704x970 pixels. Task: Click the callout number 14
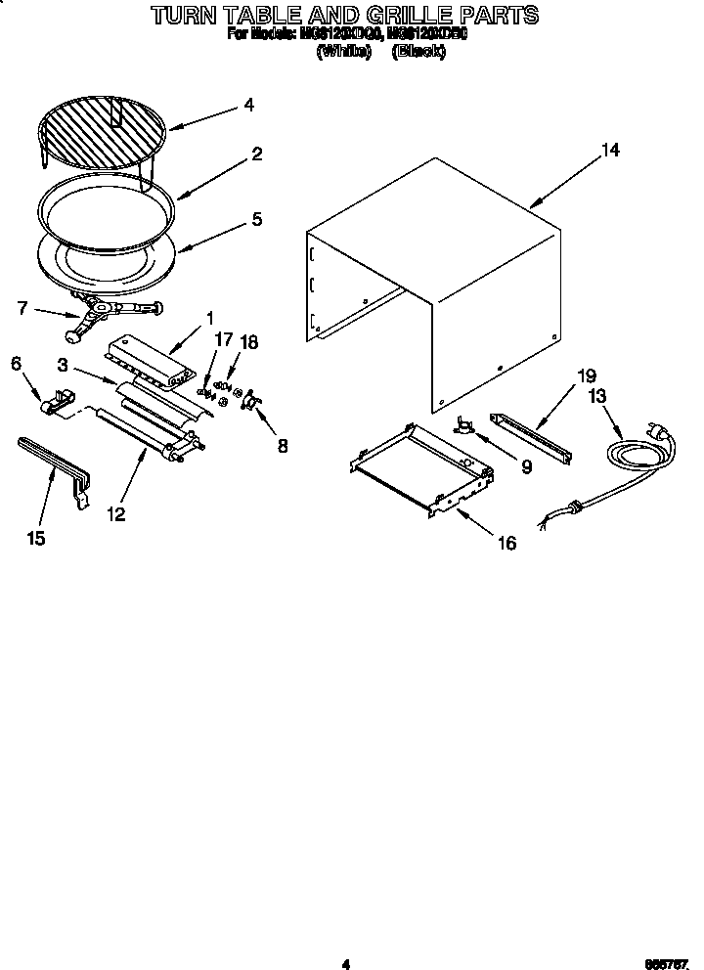coord(610,151)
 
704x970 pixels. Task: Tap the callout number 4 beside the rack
coord(249,104)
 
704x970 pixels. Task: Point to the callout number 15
coord(36,539)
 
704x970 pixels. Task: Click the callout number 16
coord(506,544)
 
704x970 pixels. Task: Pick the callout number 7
coord(22,309)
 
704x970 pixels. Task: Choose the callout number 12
coord(116,514)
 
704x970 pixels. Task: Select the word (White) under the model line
coord(344,53)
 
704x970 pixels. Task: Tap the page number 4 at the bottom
coord(345,964)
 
